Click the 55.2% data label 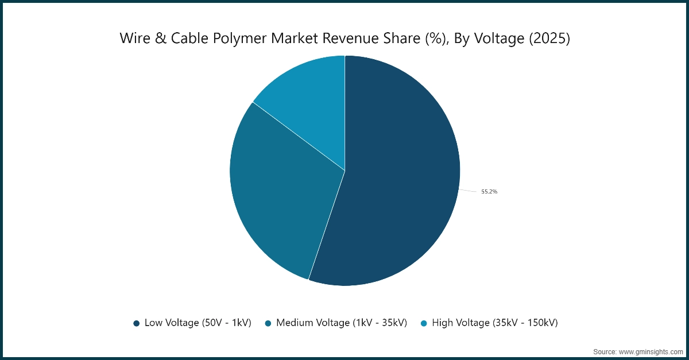489,192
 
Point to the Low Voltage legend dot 137,323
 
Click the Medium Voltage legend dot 268,323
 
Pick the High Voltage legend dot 424,323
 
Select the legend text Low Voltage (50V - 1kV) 198,323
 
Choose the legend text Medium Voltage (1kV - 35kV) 342,323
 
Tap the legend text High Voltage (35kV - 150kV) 495,323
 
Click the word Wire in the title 133,38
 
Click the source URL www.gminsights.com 649,351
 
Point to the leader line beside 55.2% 469,191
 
